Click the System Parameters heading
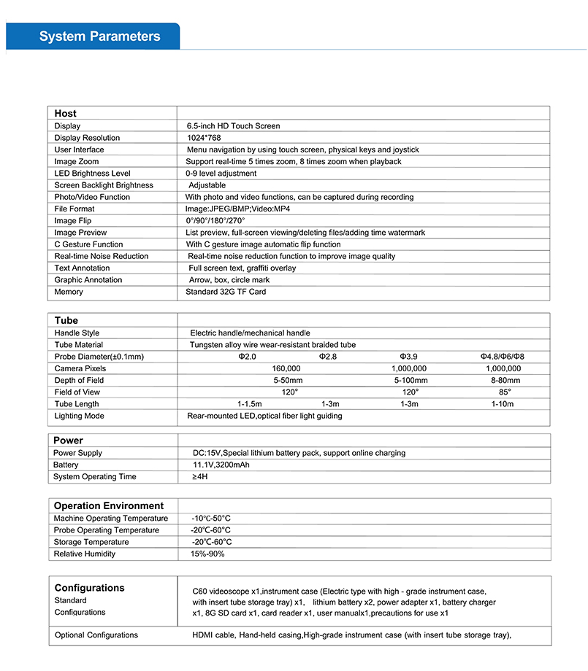tap(99, 36)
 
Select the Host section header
tap(65, 114)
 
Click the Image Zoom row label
tap(76, 161)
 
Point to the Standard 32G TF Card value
tap(226, 292)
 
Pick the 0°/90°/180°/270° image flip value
tap(215, 220)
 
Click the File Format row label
tap(74, 209)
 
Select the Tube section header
tap(66, 320)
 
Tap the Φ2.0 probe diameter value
tap(247, 357)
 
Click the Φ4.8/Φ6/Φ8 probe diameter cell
tap(503, 357)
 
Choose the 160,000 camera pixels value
tap(286, 368)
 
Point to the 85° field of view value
tap(505, 392)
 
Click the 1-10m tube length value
tap(503, 404)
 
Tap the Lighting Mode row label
tap(79, 416)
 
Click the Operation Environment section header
tap(109, 506)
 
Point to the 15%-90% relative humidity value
tap(208, 554)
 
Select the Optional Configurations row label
tap(96, 635)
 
